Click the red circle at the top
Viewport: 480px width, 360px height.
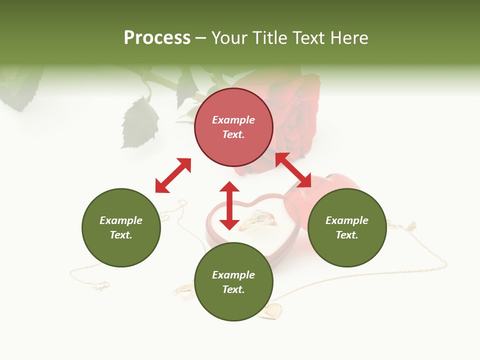[x=233, y=127]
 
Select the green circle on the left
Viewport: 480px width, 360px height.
[x=121, y=228]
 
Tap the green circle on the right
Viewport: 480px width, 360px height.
[x=347, y=228]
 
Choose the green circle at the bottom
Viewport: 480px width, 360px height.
[x=233, y=282]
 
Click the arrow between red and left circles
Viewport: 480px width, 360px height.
[x=173, y=175]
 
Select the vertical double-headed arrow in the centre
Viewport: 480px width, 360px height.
[x=229, y=205]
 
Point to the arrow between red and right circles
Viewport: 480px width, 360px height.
[x=293, y=170]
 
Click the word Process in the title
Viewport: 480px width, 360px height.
[x=157, y=38]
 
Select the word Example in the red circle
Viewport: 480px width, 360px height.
[x=233, y=120]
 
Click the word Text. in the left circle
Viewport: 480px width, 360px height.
[x=121, y=235]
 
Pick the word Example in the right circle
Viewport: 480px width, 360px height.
[x=347, y=220]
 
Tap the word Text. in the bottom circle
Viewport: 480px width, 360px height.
[x=233, y=289]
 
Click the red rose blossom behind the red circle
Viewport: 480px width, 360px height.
[x=295, y=110]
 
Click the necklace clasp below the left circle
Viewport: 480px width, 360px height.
[x=100, y=286]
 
